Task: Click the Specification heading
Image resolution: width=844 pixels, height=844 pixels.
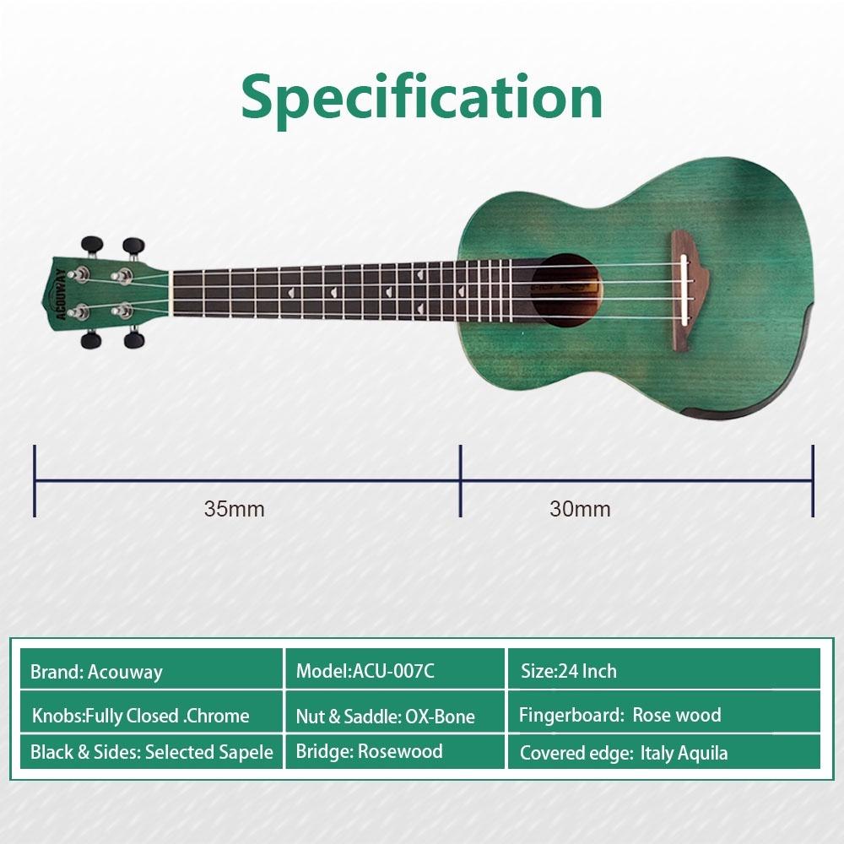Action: coord(421,99)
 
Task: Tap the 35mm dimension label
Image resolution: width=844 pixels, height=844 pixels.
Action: coord(234,509)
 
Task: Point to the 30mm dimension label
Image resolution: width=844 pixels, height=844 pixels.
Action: coord(581,509)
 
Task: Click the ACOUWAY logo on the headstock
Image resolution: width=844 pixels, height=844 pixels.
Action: coord(61,295)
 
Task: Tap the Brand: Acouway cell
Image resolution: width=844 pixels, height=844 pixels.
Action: coord(151,669)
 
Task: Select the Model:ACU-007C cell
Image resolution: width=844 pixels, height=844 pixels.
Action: coord(395,669)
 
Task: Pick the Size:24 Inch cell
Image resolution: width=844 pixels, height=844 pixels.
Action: coord(664,669)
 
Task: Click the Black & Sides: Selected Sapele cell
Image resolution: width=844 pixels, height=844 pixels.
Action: coord(151,752)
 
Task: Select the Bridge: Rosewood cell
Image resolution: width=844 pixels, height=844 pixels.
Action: coord(395,752)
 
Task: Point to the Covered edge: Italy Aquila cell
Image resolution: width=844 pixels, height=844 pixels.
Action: coord(664,752)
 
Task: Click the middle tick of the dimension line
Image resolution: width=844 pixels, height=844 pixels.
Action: coord(461,481)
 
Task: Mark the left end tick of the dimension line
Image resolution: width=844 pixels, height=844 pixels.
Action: coord(35,481)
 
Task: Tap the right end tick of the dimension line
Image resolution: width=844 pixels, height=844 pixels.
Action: coord(813,481)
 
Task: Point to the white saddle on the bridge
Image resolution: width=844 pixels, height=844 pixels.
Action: coord(684,290)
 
